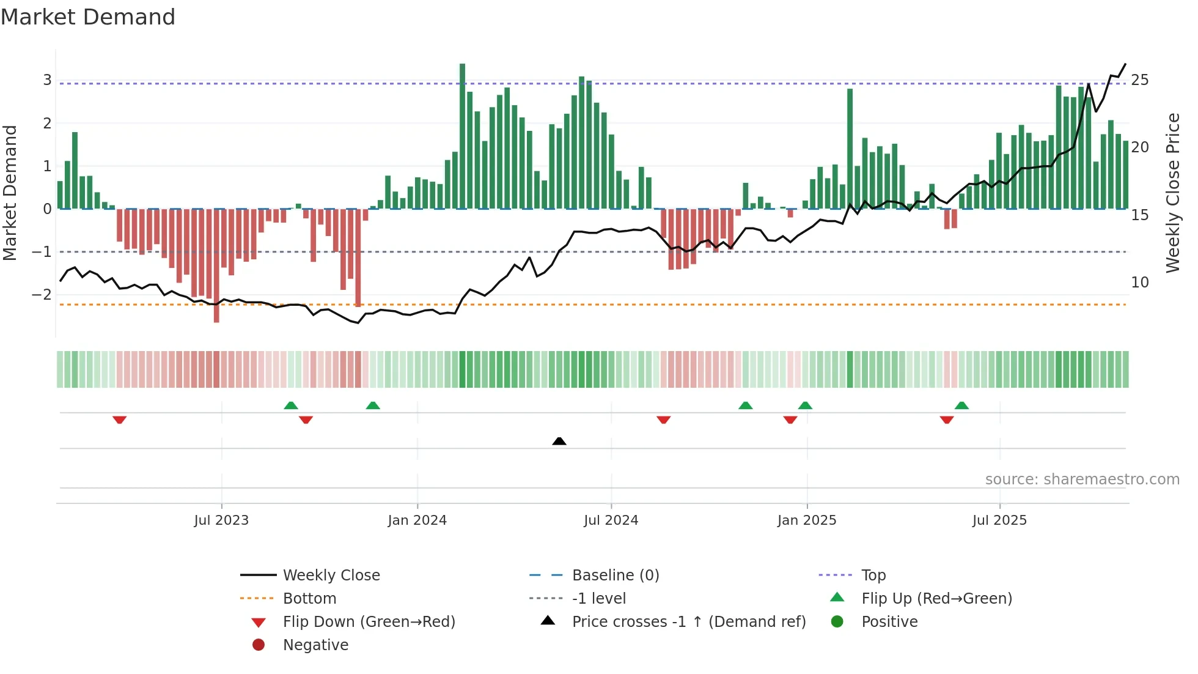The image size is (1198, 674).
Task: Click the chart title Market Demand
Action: coord(88,17)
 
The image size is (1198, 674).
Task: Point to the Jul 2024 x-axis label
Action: coord(611,520)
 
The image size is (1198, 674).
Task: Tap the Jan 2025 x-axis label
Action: coord(806,520)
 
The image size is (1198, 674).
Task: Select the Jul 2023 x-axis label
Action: coord(221,520)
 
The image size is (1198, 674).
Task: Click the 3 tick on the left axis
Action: coord(47,80)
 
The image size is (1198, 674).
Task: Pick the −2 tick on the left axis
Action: coord(42,295)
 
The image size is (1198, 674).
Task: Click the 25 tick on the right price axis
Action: coord(1139,80)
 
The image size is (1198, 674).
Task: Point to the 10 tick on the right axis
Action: coord(1139,283)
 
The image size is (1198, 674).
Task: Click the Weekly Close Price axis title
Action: coord(1172,193)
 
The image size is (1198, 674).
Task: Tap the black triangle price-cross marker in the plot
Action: coord(559,441)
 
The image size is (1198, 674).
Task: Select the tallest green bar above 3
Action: coord(462,136)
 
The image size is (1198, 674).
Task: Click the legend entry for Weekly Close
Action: coord(331,576)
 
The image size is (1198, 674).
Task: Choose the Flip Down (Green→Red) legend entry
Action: coord(369,622)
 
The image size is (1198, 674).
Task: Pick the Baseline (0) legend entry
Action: coord(615,576)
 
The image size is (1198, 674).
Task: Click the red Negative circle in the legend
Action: coord(259,645)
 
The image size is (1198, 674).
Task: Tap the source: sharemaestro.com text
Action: coord(1082,480)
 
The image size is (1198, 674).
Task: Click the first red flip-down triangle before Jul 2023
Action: coord(120,420)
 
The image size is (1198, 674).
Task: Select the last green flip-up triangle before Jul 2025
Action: coord(961,406)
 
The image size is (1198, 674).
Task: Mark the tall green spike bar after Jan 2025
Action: coord(850,149)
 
